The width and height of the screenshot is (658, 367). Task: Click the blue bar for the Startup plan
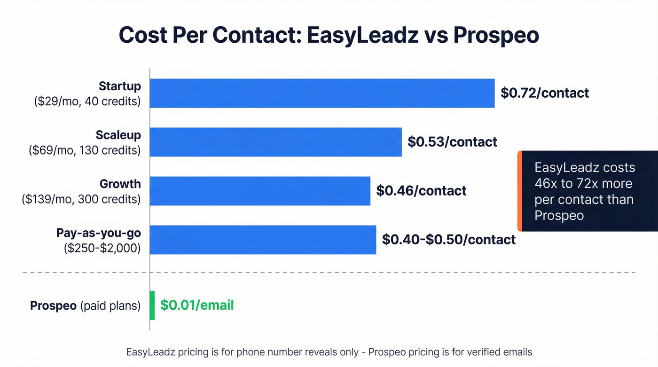click(x=322, y=93)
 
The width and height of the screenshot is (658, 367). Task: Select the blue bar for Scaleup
click(x=275, y=142)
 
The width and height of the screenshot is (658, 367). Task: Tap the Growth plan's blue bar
click(x=260, y=191)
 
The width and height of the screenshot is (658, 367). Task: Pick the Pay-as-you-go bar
click(x=263, y=240)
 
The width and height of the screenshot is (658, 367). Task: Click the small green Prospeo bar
click(x=152, y=305)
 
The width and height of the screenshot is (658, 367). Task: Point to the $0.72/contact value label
click(x=545, y=93)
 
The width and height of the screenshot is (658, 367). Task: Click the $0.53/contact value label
click(x=452, y=142)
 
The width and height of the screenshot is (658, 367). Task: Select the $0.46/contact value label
click(x=421, y=191)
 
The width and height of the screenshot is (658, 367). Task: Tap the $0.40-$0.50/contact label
click(x=448, y=240)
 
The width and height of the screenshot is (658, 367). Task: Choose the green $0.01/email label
click(x=197, y=305)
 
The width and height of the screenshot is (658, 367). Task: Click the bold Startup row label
click(x=120, y=86)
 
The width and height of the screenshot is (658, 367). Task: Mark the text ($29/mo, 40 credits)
click(x=87, y=101)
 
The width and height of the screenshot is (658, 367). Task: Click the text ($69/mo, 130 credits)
click(x=85, y=150)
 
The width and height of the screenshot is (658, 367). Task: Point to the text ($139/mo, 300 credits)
click(x=81, y=199)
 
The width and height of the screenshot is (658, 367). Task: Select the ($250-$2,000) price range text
click(x=102, y=248)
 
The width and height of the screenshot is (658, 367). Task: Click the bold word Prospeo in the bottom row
click(x=53, y=306)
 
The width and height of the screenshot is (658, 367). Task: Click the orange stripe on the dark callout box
click(x=520, y=191)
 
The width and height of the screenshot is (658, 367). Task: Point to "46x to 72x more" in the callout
click(x=583, y=183)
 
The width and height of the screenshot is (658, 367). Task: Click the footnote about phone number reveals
click(x=329, y=352)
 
